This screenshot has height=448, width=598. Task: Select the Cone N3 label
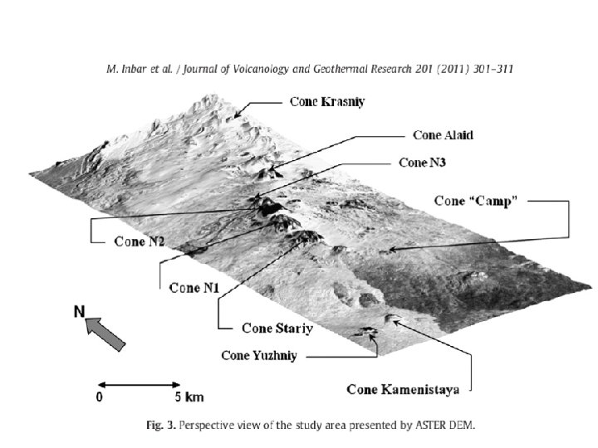point(422,162)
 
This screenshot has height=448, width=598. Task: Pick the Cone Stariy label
point(277,329)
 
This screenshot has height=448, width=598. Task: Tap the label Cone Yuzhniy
point(258,356)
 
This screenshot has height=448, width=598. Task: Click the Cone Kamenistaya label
point(409,388)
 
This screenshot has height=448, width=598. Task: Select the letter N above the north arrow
point(80,312)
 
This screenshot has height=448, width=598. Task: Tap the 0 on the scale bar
point(100,397)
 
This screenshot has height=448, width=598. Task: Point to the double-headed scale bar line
point(139,384)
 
